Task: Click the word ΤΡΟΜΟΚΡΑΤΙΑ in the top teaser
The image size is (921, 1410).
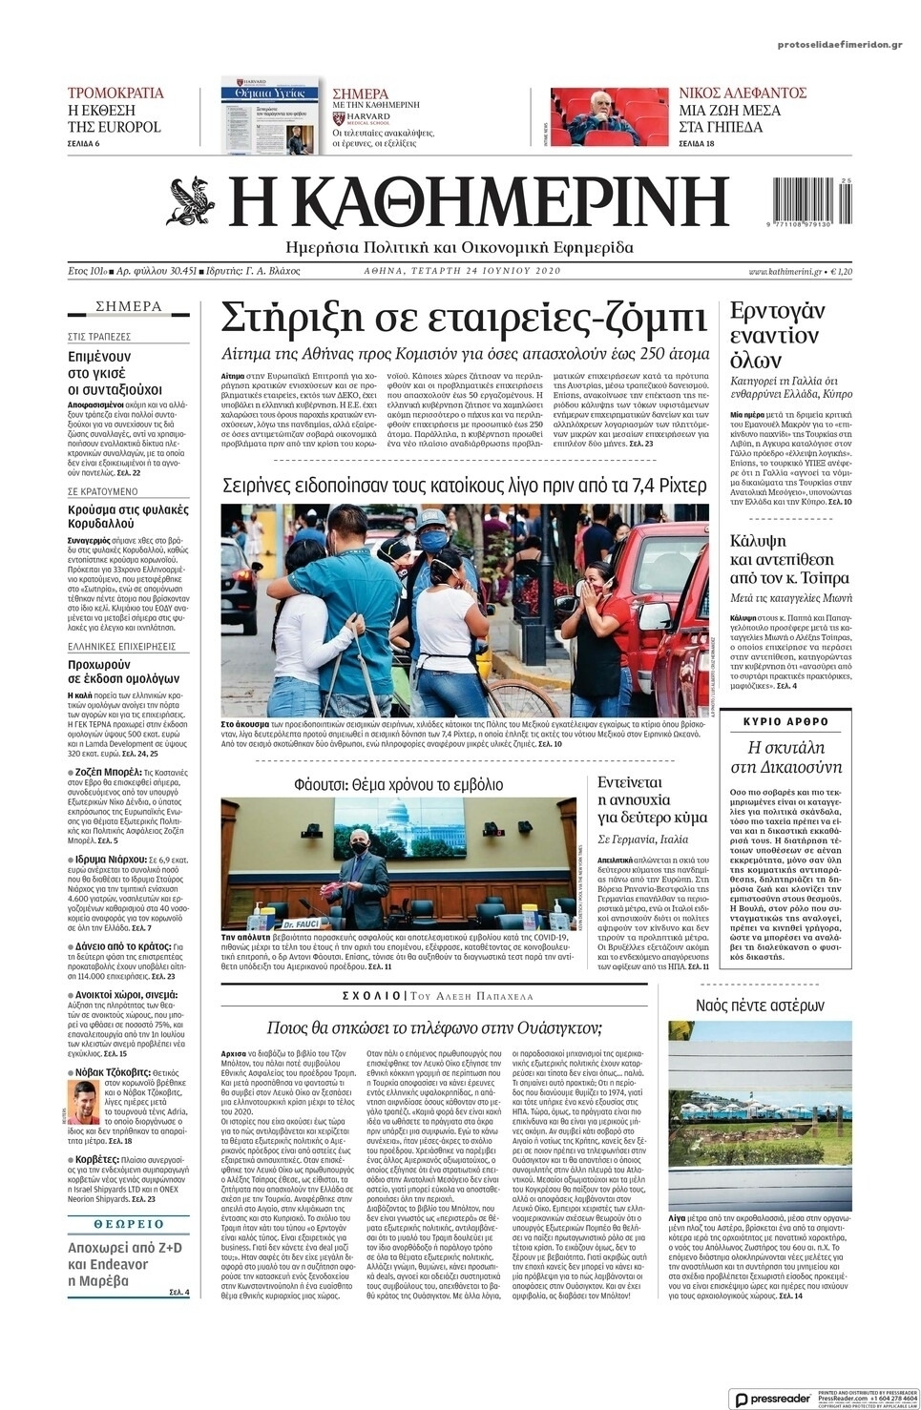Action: click(115, 93)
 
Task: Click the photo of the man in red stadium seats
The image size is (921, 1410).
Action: click(609, 116)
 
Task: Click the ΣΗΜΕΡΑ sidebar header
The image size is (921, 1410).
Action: click(128, 307)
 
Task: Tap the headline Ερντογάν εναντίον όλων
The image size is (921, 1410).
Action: click(777, 336)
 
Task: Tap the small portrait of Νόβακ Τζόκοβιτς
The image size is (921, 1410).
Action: click(83, 1102)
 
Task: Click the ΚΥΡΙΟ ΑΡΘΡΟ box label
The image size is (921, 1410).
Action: click(785, 721)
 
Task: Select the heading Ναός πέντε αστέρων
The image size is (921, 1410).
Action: click(760, 1006)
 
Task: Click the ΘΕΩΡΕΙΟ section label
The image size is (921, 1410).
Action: click(129, 1223)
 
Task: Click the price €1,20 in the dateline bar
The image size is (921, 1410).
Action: click(841, 271)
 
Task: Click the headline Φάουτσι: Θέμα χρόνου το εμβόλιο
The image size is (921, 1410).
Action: click(398, 785)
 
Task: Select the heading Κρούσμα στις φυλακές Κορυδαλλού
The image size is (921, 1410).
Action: click(128, 516)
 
